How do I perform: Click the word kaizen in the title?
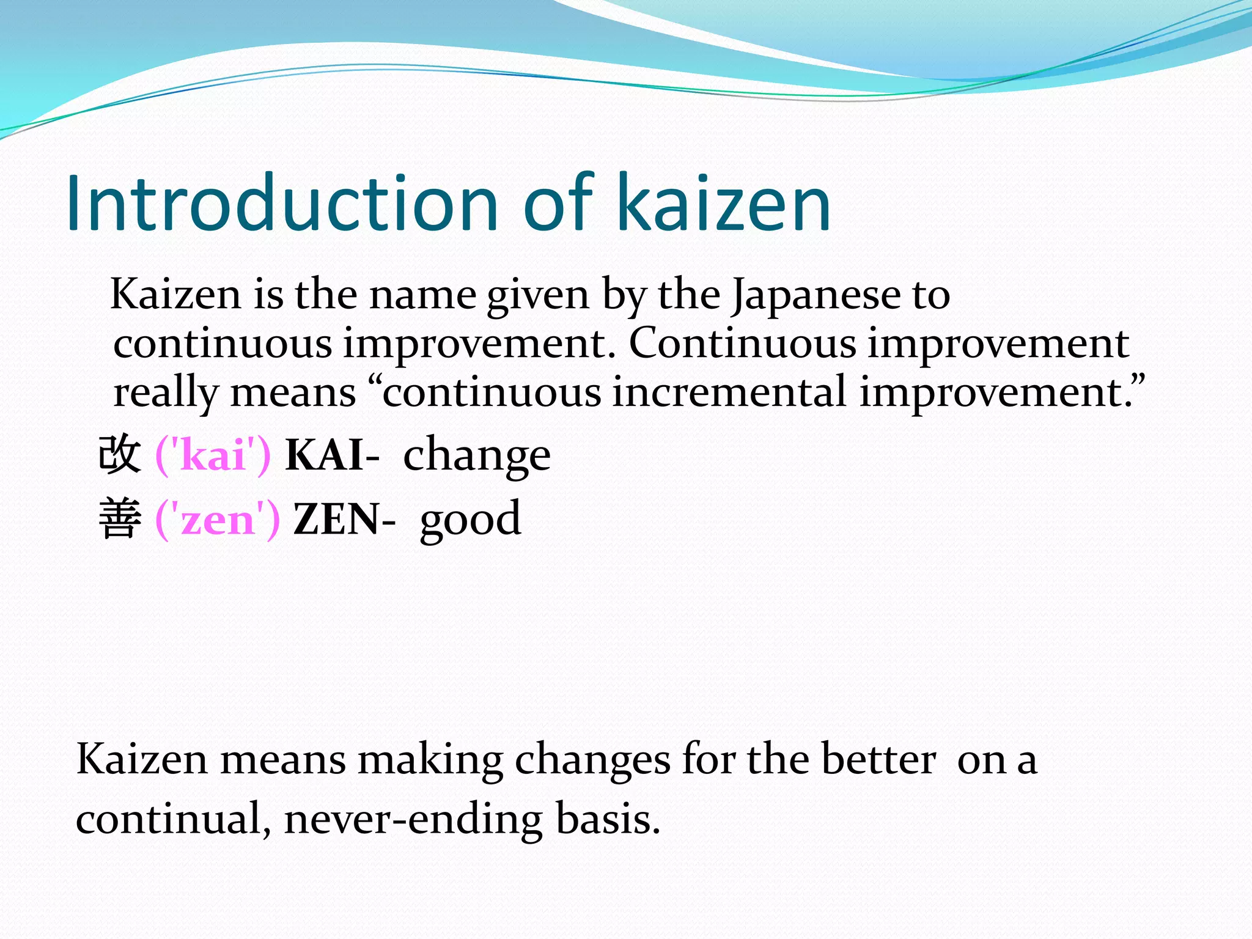coord(724,204)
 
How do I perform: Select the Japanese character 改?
coord(120,454)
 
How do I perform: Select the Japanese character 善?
coord(120,518)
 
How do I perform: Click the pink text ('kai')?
coord(213,455)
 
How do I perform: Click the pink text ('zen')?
coord(218,520)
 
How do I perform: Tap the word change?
coord(477,455)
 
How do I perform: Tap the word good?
coord(470,520)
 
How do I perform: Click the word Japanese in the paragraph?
coord(817,296)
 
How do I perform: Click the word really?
coord(165,392)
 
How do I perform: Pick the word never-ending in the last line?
coord(413,819)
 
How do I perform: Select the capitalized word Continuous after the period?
coord(743,344)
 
